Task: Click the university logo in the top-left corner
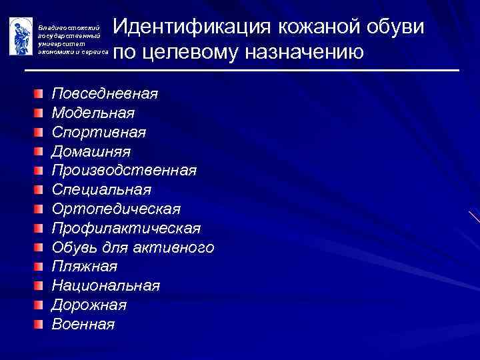pyautogui.click(x=21, y=36)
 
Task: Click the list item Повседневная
pyautogui.click(x=105, y=93)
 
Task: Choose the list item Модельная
pyautogui.click(x=93, y=112)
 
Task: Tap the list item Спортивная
pyautogui.click(x=99, y=131)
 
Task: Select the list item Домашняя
pyautogui.click(x=91, y=151)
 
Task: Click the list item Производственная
pyautogui.click(x=124, y=170)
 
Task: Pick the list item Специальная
pyautogui.click(x=101, y=189)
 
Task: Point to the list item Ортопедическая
pyautogui.click(x=116, y=209)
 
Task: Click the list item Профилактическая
pyautogui.click(x=126, y=228)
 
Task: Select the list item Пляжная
pyautogui.click(x=85, y=267)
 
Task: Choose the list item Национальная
pyautogui.click(x=105, y=286)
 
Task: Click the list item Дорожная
pyautogui.click(x=89, y=305)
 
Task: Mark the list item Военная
pyautogui.click(x=83, y=325)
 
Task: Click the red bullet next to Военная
pyautogui.click(x=41, y=325)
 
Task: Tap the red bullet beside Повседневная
pyautogui.click(x=41, y=93)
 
